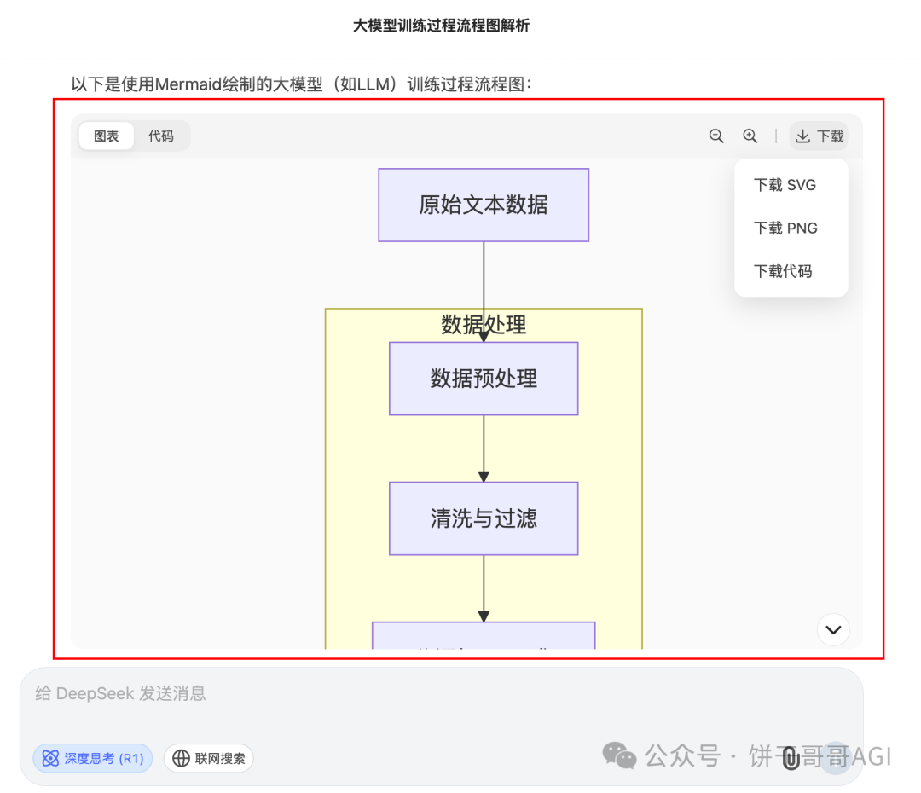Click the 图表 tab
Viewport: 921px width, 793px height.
pyautogui.click(x=107, y=136)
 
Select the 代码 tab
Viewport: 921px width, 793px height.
pyautogui.click(x=161, y=136)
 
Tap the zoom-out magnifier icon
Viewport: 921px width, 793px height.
pyautogui.click(x=716, y=136)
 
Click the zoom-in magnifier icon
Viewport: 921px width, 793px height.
pyautogui.click(x=750, y=136)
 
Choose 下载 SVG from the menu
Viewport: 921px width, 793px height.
pyautogui.click(x=785, y=185)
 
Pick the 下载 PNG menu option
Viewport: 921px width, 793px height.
pyautogui.click(x=785, y=229)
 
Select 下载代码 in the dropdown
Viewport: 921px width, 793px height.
pyautogui.click(x=783, y=272)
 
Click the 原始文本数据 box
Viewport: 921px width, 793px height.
pyautogui.click(x=484, y=205)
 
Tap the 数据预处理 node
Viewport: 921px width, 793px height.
pyautogui.click(x=484, y=379)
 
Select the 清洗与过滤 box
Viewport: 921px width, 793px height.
pyautogui.click(x=484, y=518)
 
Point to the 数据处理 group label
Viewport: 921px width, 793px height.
pyautogui.click(x=484, y=324)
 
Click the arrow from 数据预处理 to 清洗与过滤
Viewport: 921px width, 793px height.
pyautogui.click(x=484, y=449)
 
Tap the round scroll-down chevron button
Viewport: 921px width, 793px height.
pyautogui.click(x=833, y=630)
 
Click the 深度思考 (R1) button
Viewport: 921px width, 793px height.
pyautogui.click(x=93, y=758)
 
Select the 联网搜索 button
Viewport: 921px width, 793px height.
pyautogui.click(x=209, y=758)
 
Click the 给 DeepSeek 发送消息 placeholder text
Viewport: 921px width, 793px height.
pyautogui.click(x=121, y=693)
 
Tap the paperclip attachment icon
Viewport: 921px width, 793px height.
pyautogui.click(x=791, y=757)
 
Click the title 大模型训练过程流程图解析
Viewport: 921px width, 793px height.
pyautogui.click(x=441, y=26)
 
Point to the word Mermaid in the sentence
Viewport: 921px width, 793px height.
pyautogui.click(x=190, y=84)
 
